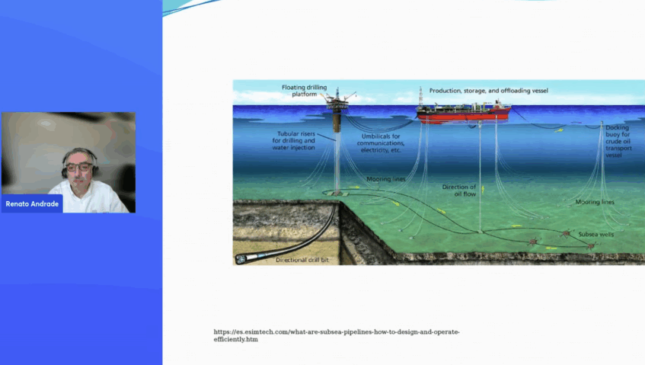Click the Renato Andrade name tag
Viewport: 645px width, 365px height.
[x=32, y=203]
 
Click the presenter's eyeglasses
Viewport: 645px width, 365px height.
[x=78, y=167]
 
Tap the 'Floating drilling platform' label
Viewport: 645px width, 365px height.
[x=305, y=91]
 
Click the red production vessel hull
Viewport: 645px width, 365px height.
[x=464, y=115]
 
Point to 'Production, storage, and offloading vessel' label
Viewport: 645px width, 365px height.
[x=489, y=91]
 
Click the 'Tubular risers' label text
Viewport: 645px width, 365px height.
[x=294, y=140]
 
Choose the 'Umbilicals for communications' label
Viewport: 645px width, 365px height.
[x=381, y=143]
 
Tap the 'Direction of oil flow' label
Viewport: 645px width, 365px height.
[x=459, y=190]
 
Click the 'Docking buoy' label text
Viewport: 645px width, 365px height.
[x=618, y=141]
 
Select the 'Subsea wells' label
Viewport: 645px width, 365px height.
[x=596, y=234]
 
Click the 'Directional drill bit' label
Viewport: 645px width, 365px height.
[x=302, y=260]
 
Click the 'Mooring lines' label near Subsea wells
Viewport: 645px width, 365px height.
[x=595, y=202]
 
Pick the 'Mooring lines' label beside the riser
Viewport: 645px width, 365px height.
[x=386, y=179]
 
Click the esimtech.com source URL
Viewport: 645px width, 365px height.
[x=337, y=335]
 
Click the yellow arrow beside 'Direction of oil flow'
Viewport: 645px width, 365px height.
[x=483, y=189]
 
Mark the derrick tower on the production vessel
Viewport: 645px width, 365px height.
[x=420, y=97]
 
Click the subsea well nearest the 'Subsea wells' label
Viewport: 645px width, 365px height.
[x=567, y=234]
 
